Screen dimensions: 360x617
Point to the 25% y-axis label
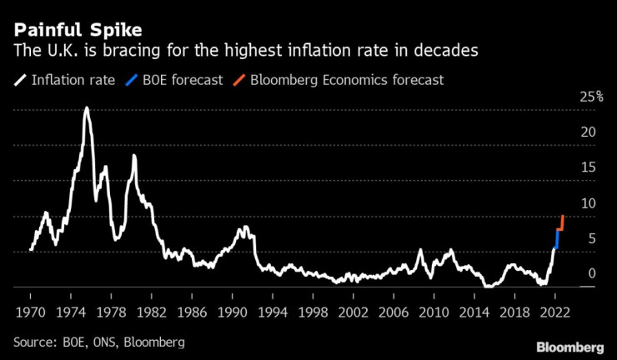tap(592, 97)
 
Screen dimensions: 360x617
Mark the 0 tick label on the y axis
tap(591, 273)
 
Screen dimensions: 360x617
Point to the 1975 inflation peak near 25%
tap(86, 109)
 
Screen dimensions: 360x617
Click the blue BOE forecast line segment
tap(557, 238)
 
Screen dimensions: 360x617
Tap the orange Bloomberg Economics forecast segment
tap(562, 223)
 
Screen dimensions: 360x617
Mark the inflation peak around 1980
tap(133, 157)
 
